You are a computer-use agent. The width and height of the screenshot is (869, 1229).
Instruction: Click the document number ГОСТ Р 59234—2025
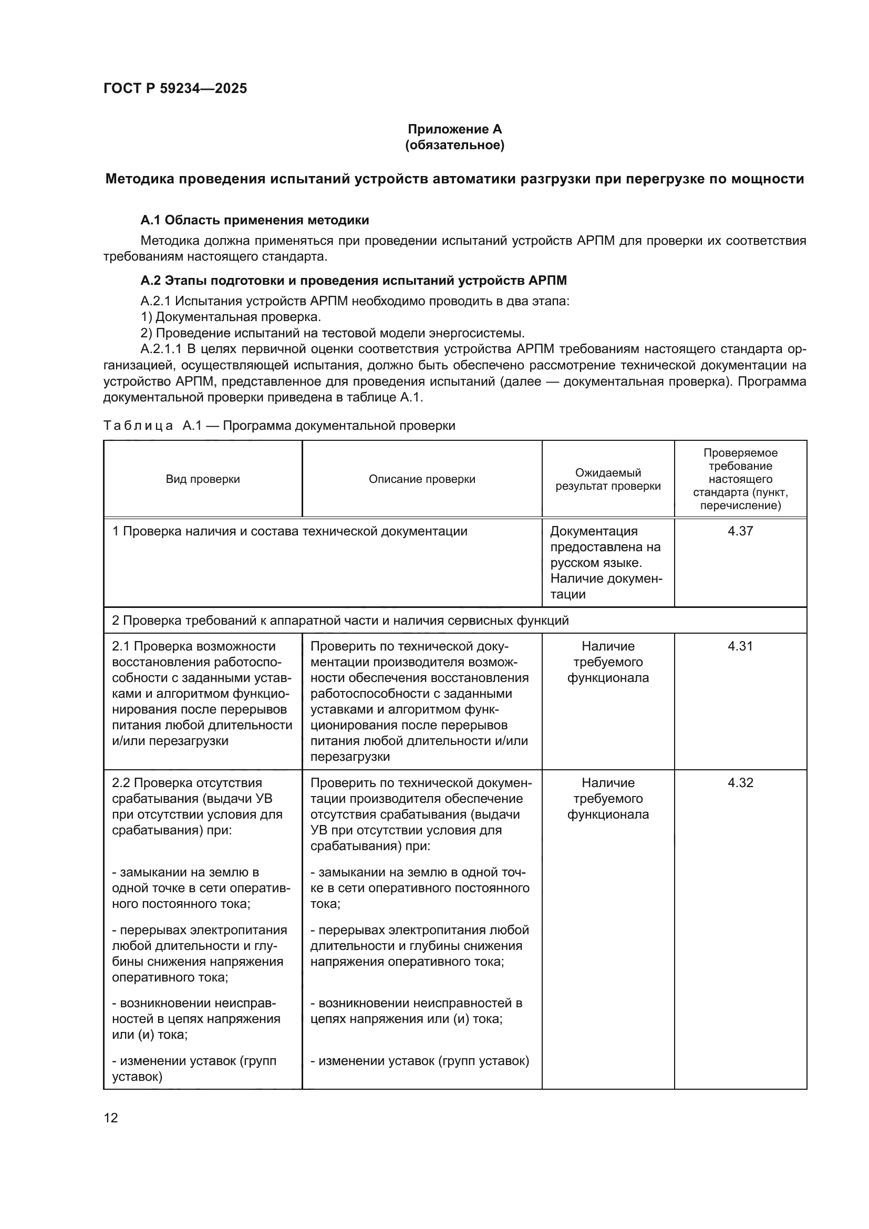pyautogui.click(x=175, y=88)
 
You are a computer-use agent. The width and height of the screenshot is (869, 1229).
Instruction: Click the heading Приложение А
pyautogui.click(x=454, y=129)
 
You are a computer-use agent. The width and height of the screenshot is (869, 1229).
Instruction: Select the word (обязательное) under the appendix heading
pyautogui.click(x=454, y=145)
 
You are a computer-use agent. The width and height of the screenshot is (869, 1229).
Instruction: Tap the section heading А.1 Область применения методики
pyautogui.click(x=255, y=220)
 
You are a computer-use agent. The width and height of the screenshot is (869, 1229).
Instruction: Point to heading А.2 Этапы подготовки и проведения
pyautogui.click(x=353, y=281)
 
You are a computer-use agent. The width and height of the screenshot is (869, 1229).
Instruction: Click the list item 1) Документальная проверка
pyautogui.click(x=231, y=317)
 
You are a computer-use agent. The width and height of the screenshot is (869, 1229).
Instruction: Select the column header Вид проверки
pyautogui.click(x=203, y=479)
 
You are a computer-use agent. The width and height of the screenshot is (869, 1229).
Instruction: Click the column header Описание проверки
pyautogui.click(x=422, y=479)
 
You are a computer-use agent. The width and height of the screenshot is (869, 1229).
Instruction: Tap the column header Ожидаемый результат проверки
pyautogui.click(x=608, y=479)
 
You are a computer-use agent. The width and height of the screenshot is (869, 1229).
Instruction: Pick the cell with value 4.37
pyautogui.click(x=740, y=531)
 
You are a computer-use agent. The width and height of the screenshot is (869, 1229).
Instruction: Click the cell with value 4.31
pyautogui.click(x=740, y=646)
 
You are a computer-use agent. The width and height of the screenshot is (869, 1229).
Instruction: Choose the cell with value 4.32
pyautogui.click(x=740, y=782)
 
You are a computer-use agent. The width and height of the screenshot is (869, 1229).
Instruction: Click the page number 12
pyautogui.click(x=111, y=1118)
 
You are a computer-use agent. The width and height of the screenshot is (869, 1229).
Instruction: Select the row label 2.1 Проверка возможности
pyautogui.click(x=194, y=646)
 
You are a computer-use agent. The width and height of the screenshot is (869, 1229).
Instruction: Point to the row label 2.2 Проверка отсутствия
pyautogui.click(x=187, y=782)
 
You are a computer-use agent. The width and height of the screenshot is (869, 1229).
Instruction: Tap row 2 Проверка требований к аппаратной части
pyautogui.click(x=340, y=621)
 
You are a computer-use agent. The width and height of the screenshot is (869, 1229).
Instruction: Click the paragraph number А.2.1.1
pyautogui.click(x=161, y=349)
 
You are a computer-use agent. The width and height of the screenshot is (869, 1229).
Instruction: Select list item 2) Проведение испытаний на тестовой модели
pyautogui.click(x=332, y=333)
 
